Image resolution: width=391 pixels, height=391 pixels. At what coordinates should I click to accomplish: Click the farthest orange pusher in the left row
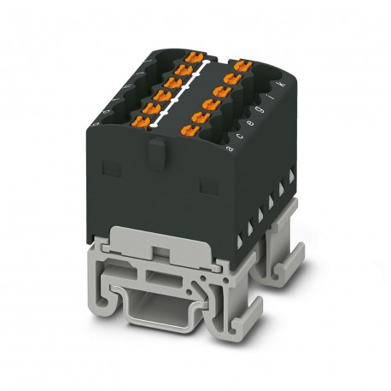tap(195, 58)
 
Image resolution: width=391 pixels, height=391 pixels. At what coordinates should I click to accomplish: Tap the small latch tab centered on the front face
tap(154, 155)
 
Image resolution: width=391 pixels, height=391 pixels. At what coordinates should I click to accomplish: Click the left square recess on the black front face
tap(106, 184)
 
